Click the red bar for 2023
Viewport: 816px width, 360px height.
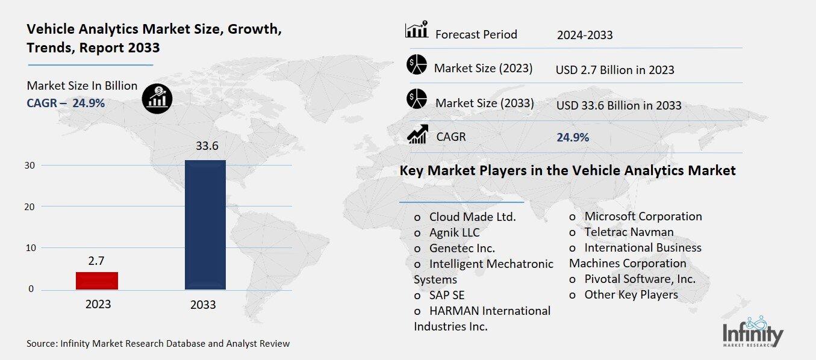(97, 281)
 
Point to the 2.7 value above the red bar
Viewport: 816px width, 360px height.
(97, 261)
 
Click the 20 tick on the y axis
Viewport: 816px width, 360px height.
(30, 206)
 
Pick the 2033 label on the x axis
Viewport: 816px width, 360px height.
(203, 305)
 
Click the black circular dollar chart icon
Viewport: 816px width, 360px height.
(157, 98)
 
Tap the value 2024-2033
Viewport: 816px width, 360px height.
(585, 35)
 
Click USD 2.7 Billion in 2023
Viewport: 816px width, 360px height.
(614, 70)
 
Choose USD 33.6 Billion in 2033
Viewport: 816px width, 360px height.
(618, 105)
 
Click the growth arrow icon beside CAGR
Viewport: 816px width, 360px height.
(417, 134)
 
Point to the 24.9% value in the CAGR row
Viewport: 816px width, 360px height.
(573, 137)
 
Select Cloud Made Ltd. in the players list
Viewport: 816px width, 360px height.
(472, 217)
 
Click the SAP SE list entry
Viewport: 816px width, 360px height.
(446, 295)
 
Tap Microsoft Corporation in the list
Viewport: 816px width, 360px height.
(643, 216)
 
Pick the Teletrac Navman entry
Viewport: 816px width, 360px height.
(629, 232)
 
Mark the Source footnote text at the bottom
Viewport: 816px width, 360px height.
(158, 344)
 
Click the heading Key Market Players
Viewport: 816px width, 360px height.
(567, 171)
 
